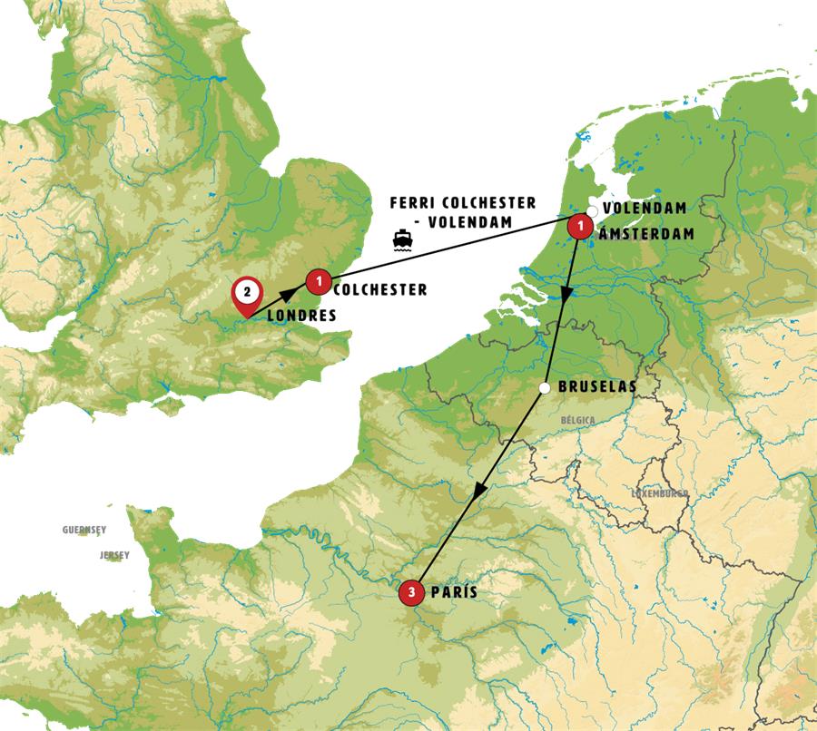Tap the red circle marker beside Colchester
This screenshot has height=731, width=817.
318,282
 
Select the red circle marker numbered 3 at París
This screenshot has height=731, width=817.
411,592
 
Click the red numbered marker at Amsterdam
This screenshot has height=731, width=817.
579,227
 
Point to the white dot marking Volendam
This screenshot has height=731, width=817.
592,211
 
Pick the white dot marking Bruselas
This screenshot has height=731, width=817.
544,388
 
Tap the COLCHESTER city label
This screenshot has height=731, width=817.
380,290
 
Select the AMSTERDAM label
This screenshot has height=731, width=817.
645,233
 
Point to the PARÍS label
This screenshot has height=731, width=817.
454,591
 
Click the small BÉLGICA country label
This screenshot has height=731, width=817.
578,422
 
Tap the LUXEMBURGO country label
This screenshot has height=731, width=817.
660,493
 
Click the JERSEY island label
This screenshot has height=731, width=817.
114,554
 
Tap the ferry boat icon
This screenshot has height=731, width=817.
401,239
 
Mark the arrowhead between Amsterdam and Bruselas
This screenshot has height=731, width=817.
566,296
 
